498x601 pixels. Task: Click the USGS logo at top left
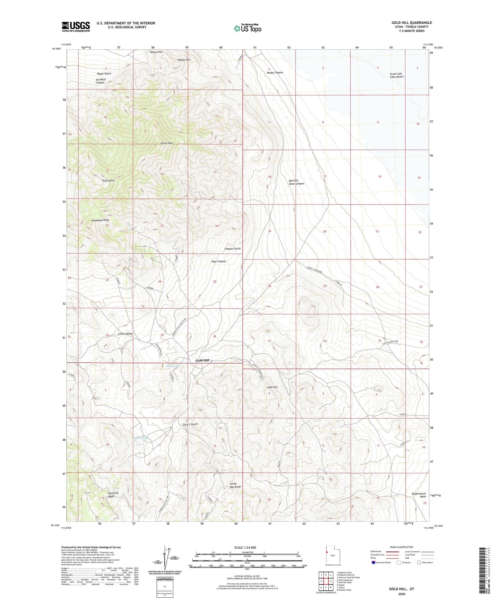pos(76,27)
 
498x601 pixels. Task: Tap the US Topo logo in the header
pos(248,28)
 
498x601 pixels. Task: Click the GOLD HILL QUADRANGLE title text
pos(412,23)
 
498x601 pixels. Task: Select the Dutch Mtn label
pos(167,143)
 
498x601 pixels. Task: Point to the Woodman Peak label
pos(100,220)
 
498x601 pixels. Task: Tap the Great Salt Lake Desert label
pos(397,75)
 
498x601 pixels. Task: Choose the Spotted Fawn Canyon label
pos(296,182)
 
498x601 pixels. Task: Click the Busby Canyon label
pos(275,72)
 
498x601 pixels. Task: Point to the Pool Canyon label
pos(218,261)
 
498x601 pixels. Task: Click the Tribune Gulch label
pos(232,249)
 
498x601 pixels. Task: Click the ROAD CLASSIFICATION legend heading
pos(402,547)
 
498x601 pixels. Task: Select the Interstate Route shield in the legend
pos(373,563)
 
